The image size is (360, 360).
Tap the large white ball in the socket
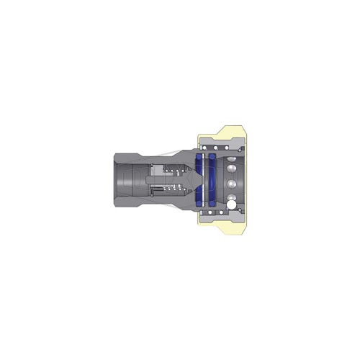231,204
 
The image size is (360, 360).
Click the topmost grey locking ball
230,159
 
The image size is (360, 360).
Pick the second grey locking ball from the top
230,168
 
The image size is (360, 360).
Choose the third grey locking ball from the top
231,184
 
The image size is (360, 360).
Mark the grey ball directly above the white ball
230,197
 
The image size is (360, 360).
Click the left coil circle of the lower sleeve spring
210,212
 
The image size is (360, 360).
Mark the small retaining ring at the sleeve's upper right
240,150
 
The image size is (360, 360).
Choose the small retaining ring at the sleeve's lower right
240,210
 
